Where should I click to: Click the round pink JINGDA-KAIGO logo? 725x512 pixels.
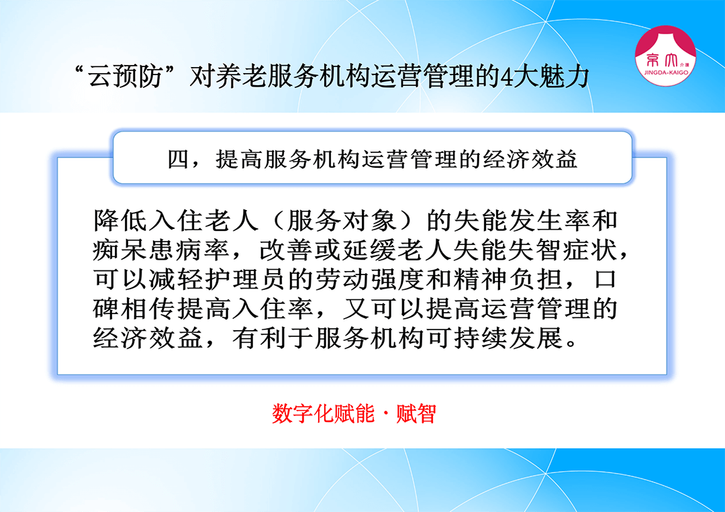click(x=665, y=56)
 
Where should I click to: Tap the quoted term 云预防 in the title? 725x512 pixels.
click(x=125, y=76)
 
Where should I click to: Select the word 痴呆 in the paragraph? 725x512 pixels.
click(x=120, y=250)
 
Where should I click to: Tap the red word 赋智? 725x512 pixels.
click(x=416, y=413)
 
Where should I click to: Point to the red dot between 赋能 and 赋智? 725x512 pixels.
click(x=385, y=414)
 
